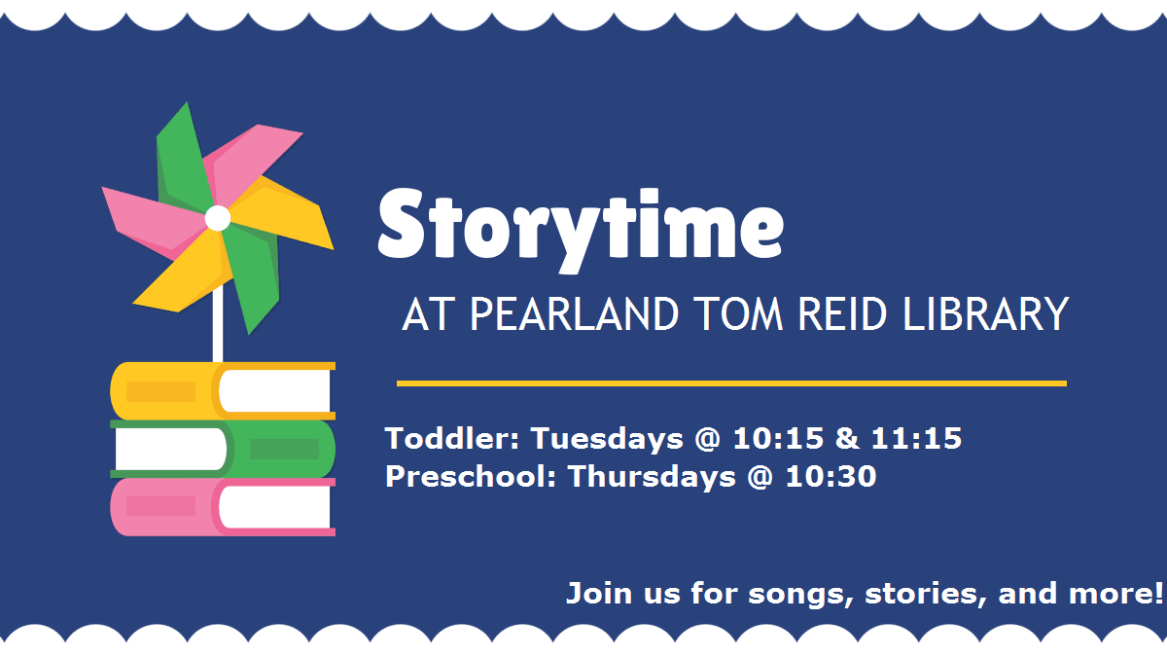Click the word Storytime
(x=580, y=226)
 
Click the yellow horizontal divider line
(x=731, y=383)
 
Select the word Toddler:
(x=452, y=439)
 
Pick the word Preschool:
(x=472, y=477)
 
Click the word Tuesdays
(x=607, y=439)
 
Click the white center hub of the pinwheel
(x=218, y=218)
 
